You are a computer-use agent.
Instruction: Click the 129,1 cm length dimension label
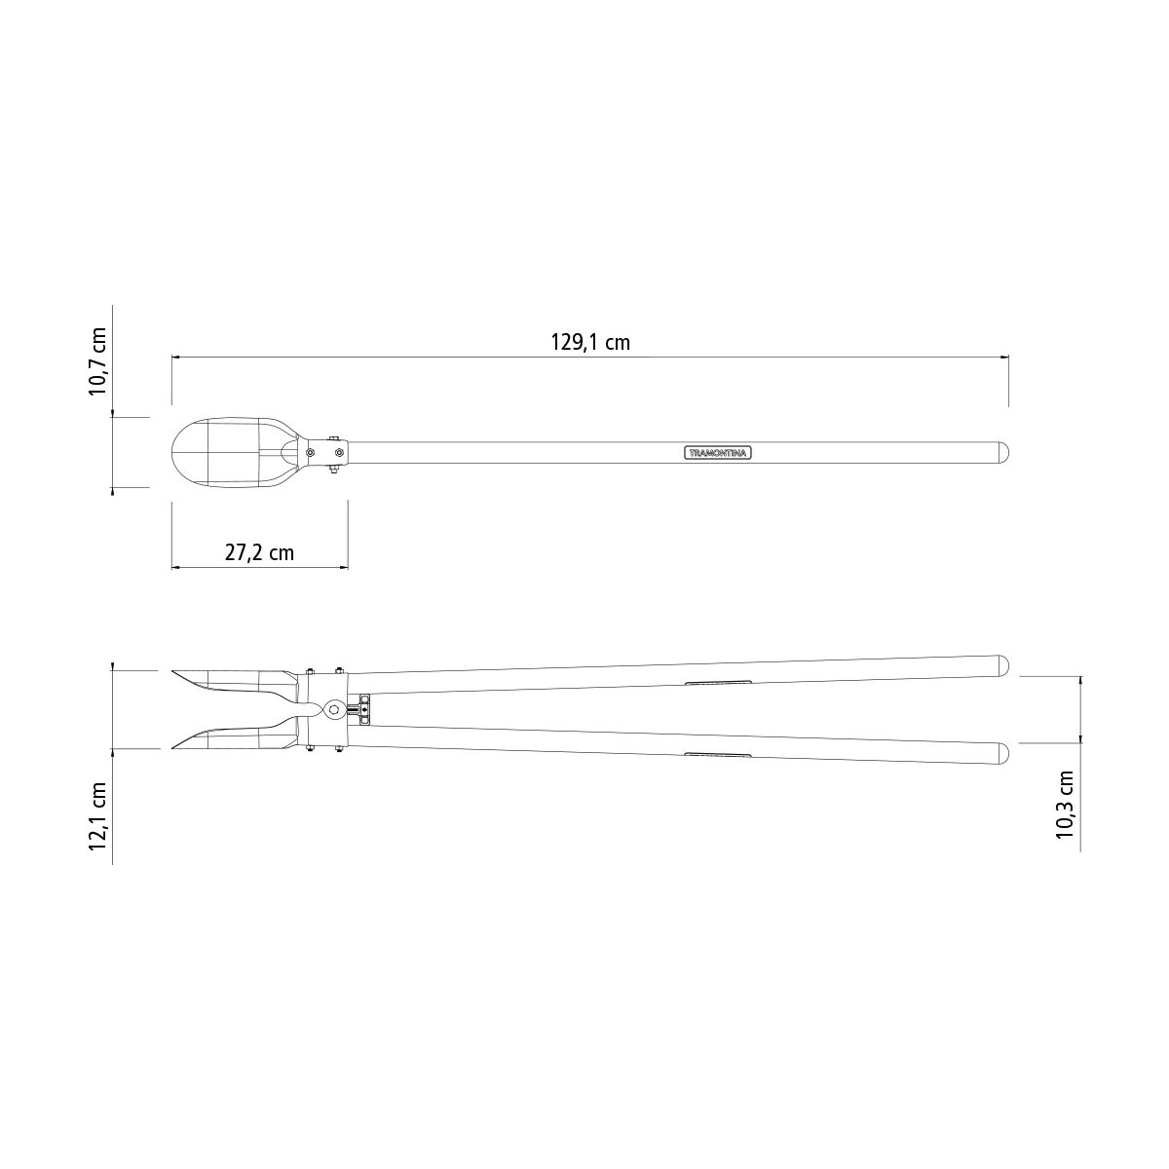(x=590, y=343)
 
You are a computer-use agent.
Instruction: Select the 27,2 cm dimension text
(x=259, y=552)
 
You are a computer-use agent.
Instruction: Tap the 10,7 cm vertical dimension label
(x=97, y=361)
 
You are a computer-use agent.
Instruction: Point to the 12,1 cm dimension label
(x=97, y=816)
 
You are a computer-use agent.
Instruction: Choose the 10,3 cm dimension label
(x=1065, y=805)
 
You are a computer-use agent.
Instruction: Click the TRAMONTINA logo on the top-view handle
(x=718, y=453)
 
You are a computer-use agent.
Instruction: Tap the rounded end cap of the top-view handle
(x=1004, y=453)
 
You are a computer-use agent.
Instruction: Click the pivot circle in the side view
(x=333, y=709)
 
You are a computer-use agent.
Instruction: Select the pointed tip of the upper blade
(x=172, y=671)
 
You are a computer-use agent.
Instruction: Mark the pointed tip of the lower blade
(x=172, y=748)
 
